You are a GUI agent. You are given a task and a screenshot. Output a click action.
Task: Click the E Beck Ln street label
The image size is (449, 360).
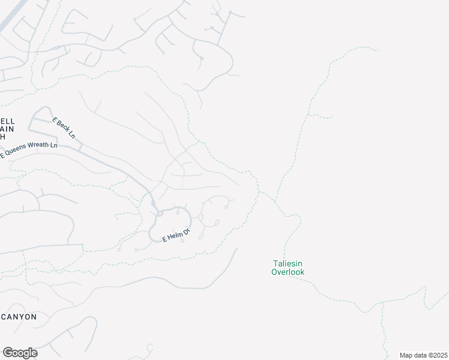tap(64, 128)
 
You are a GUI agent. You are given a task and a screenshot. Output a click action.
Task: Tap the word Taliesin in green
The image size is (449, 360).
tap(288, 263)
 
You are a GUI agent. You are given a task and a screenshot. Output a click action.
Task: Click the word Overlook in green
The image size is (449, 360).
tap(288, 272)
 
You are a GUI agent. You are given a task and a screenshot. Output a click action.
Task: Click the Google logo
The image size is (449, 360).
tap(20, 353)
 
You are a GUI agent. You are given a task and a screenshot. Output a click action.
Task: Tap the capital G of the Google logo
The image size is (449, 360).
tap(7, 353)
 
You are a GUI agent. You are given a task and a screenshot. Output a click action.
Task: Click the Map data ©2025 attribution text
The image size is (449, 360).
tap(423, 355)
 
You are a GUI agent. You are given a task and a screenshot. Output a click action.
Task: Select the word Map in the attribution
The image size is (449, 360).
tap(406, 355)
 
